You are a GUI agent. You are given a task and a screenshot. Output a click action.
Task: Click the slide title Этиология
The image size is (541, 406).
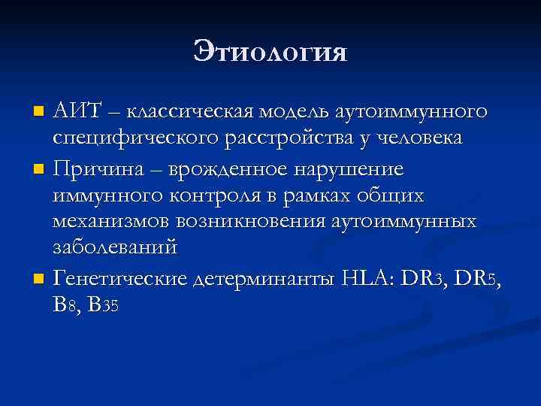click(270, 52)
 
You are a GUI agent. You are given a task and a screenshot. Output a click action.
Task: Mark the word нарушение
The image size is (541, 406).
click(338, 168)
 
